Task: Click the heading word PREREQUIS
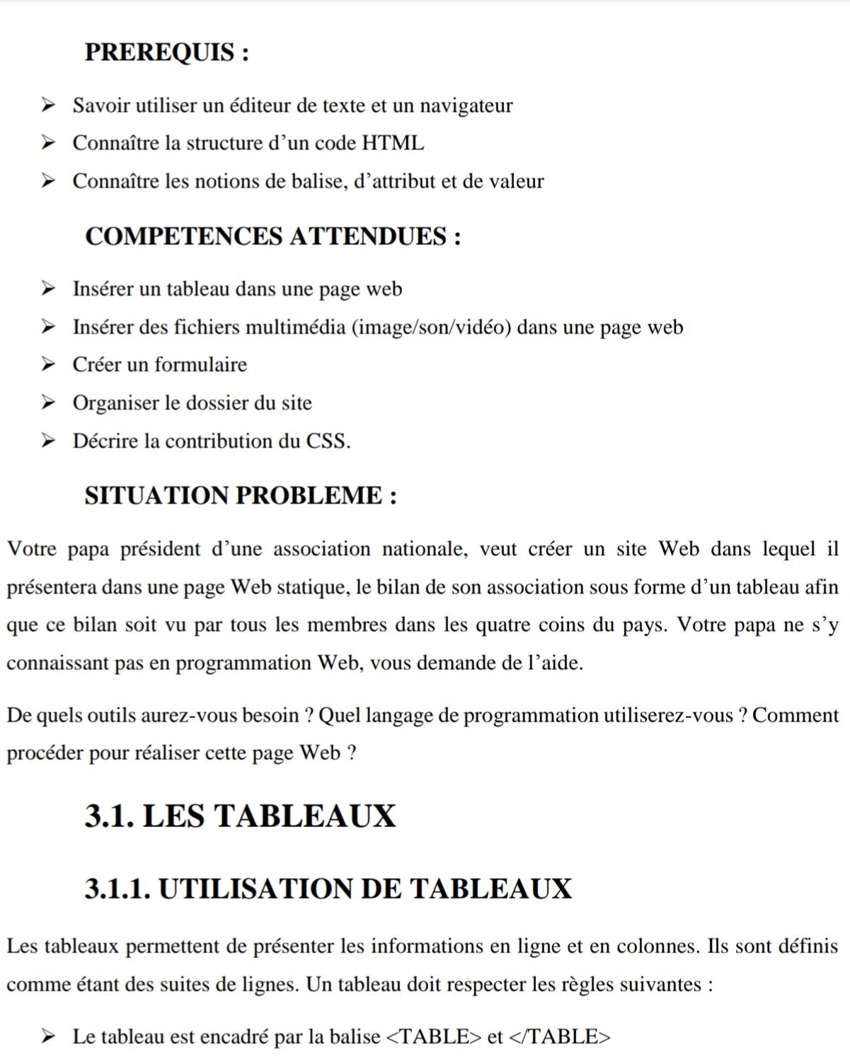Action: (159, 52)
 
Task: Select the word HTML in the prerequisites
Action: (393, 143)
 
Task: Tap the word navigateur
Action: (466, 105)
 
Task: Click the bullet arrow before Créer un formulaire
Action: (48, 364)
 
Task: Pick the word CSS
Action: (328, 441)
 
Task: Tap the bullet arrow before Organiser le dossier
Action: (48, 403)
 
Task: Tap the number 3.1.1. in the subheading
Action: (117, 889)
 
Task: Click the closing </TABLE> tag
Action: (559, 1037)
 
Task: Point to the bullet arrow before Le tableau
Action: (48, 1037)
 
